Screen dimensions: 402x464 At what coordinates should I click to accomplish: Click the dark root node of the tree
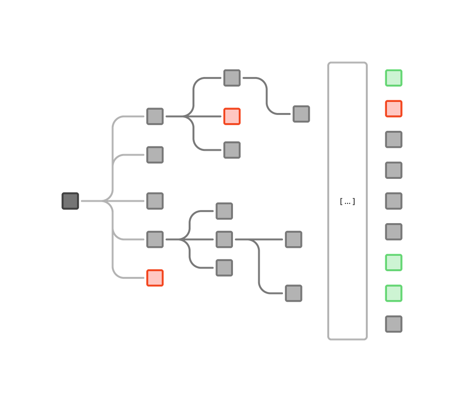point(70,201)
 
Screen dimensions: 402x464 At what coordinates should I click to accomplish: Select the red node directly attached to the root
point(155,278)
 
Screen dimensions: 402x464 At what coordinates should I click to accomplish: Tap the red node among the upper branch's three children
point(232,116)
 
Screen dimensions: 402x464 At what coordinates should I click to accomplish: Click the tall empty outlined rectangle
point(347,201)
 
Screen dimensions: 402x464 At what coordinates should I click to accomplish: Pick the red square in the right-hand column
point(394,109)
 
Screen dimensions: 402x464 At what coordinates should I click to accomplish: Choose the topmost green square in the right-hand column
point(394,78)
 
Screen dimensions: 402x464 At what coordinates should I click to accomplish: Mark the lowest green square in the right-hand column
point(394,293)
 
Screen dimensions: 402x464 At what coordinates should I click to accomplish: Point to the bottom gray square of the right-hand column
point(394,324)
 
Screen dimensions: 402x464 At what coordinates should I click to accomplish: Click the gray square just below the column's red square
point(394,139)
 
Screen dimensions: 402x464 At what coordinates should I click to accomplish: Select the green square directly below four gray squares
point(394,263)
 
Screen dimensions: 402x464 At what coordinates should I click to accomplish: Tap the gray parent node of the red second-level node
point(155,116)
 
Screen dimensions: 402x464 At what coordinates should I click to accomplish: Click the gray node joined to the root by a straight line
point(155,201)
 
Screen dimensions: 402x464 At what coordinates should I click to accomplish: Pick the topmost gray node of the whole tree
point(232,78)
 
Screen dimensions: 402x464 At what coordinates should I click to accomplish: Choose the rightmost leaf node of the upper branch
point(301,114)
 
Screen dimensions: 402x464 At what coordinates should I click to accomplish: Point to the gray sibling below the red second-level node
point(232,150)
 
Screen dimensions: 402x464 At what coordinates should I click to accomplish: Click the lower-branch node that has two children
point(224,239)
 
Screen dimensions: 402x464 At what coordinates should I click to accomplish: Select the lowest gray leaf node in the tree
point(293,293)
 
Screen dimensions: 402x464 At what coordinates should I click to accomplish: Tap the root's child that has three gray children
point(155,239)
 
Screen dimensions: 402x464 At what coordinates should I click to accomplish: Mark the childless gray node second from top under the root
point(155,155)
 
